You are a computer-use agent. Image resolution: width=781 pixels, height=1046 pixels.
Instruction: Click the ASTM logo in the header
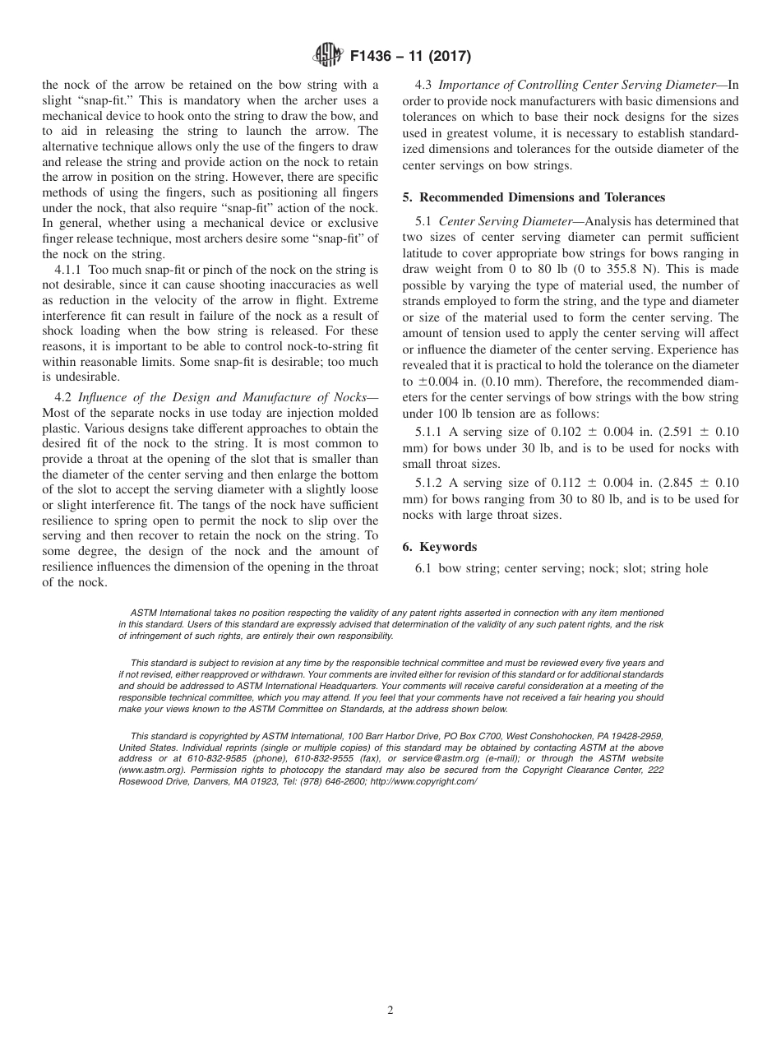[328, 57]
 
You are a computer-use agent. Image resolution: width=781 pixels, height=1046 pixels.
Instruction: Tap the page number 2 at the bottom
[390, 1011]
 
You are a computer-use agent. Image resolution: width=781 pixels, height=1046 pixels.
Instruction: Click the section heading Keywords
[448, 547]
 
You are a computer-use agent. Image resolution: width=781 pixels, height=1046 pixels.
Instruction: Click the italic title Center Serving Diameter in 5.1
[501, 221]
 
